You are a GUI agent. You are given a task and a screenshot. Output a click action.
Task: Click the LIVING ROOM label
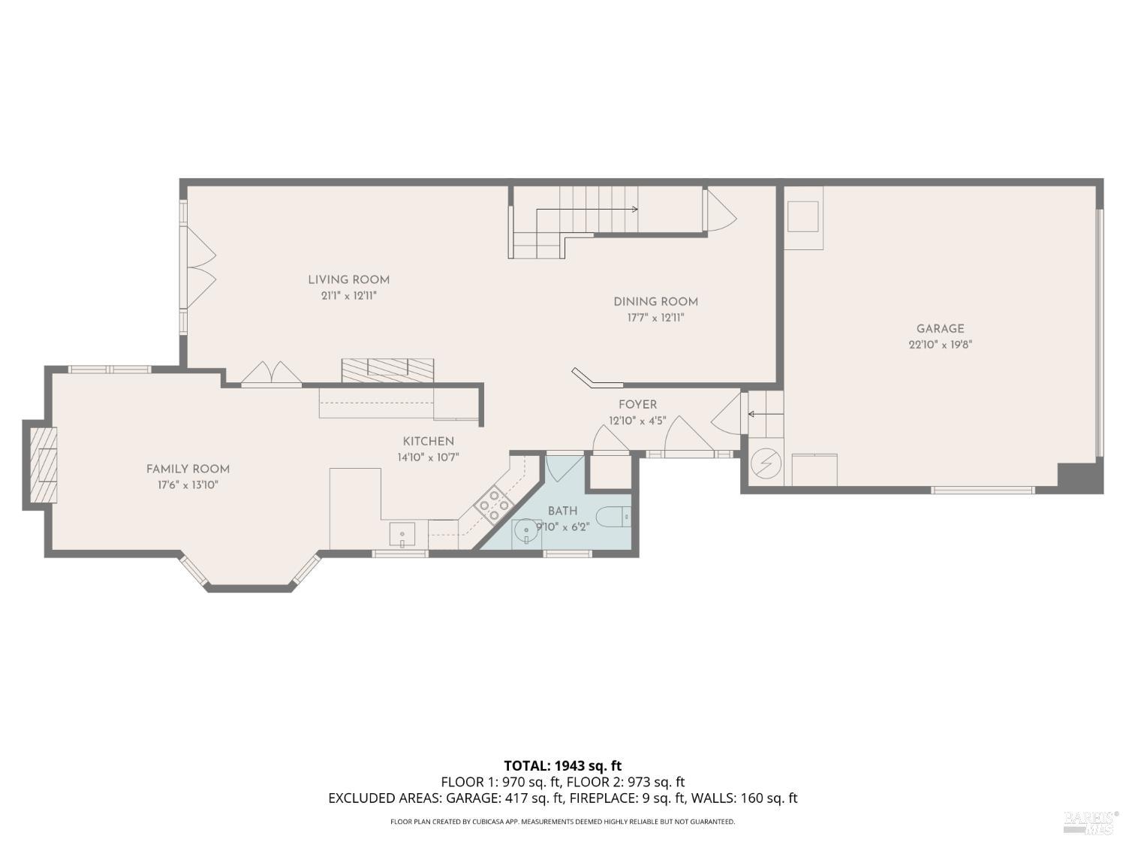coord(348,279)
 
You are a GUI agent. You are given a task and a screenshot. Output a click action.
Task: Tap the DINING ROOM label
coord(655,301)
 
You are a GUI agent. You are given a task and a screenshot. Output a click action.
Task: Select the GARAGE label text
coord(940,328)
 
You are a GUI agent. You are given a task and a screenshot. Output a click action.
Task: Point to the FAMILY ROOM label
coord(188,469)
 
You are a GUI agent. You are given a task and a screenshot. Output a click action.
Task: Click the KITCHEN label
coord(428,441)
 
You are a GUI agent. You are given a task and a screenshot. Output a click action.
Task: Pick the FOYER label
coord(637,404)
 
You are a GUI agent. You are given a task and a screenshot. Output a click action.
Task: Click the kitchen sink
coord(402,534)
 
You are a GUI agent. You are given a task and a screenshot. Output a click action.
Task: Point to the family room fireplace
coord(43,465)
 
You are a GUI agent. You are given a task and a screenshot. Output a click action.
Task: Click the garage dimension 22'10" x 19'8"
coord(940,345)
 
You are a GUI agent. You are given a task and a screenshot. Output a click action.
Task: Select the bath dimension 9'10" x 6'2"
coord(562,527)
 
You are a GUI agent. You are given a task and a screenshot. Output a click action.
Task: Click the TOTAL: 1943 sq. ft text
coord(562,765)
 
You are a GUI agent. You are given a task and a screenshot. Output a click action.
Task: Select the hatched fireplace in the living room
coord(387,369)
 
